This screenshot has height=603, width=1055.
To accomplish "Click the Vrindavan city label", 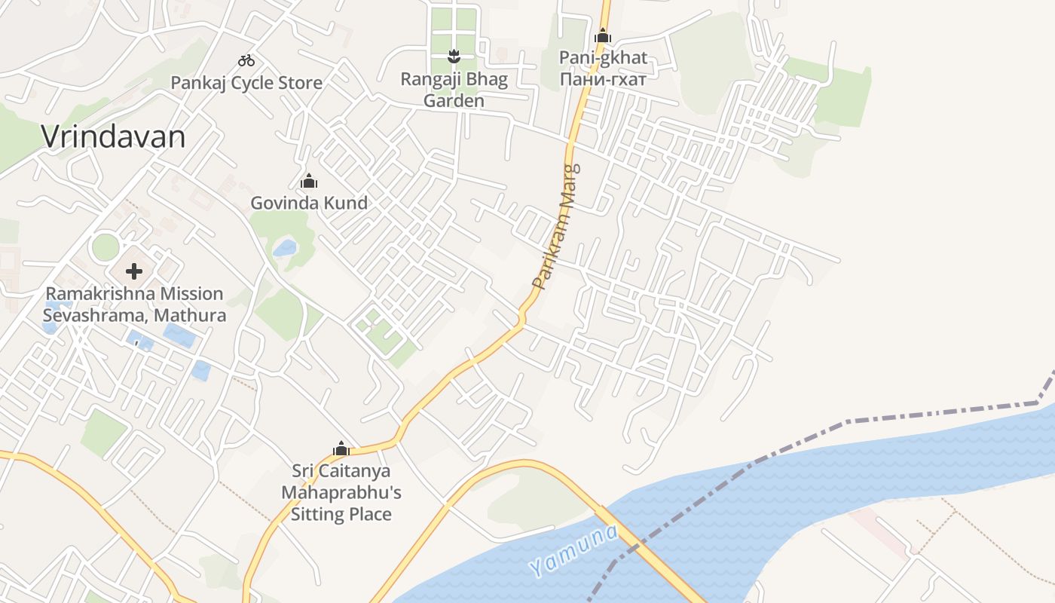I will pyautogui.click(x=113, y=137).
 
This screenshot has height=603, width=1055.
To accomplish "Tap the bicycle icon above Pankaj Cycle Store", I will pyautogui.click(x=246, y=60).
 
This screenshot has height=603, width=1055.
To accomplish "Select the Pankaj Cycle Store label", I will pyautogui.click(x=246, y=83).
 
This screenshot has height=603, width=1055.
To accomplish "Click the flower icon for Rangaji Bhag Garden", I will pyautogui.click(x=454, y=56).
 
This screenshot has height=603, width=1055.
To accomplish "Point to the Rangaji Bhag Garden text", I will pyautogui.click(x=454, y=90).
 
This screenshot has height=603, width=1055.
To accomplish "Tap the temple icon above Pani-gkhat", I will pyautogui.click(x=602, y=35).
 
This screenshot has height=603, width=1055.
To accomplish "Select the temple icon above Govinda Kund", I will pyautogui.click(x=309, y=181).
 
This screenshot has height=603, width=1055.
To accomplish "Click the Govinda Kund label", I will pyautogui.click(x=309, y=203).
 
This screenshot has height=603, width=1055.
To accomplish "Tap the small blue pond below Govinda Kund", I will pyautogui.click(x=285, y=247).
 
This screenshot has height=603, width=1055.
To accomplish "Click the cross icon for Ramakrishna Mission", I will pyautogui.click(x=134, y=271).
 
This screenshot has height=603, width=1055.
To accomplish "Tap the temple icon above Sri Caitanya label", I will pyautogui.click(x=341, y=449).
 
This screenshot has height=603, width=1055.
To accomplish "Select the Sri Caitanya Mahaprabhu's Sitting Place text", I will pyautogui.click(x=341, y=493).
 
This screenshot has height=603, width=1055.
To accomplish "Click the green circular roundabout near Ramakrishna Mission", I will pyautogui.click(x=105, y=247).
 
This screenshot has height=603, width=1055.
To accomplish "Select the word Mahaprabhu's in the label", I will pyautogui.click(x=341, y=493).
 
